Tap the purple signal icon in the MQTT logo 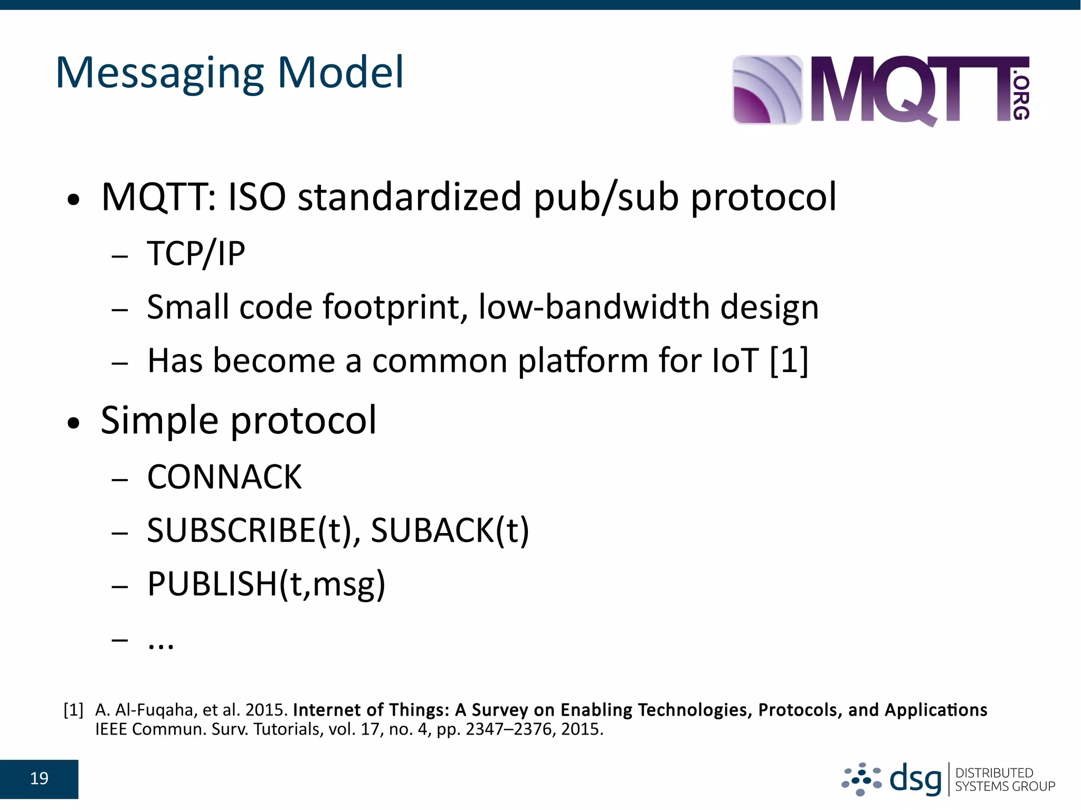[767, 90]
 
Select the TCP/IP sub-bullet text [196, 254]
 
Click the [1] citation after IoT [789, 361]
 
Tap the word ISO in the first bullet [257, 197]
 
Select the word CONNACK [224, 477]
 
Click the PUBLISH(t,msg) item [266, 585]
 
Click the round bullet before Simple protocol [74, 423]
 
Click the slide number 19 [39, 779]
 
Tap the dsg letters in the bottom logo [916, 779]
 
